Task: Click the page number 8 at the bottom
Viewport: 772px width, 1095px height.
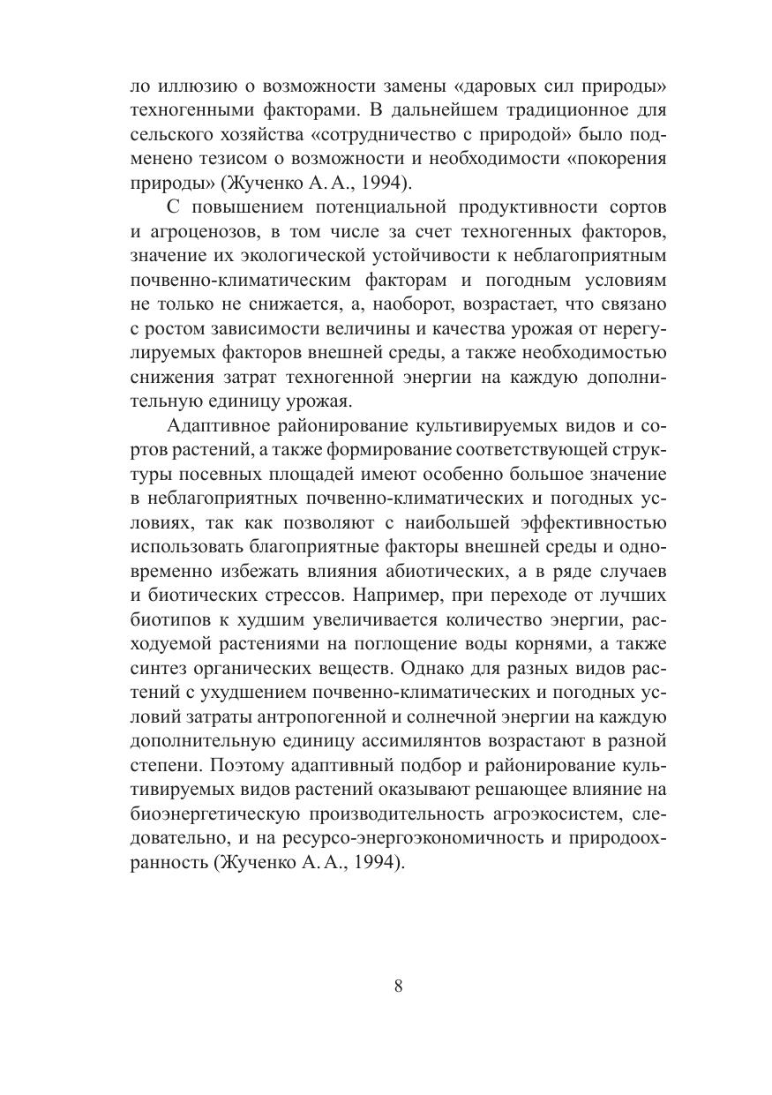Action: (399, 986)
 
